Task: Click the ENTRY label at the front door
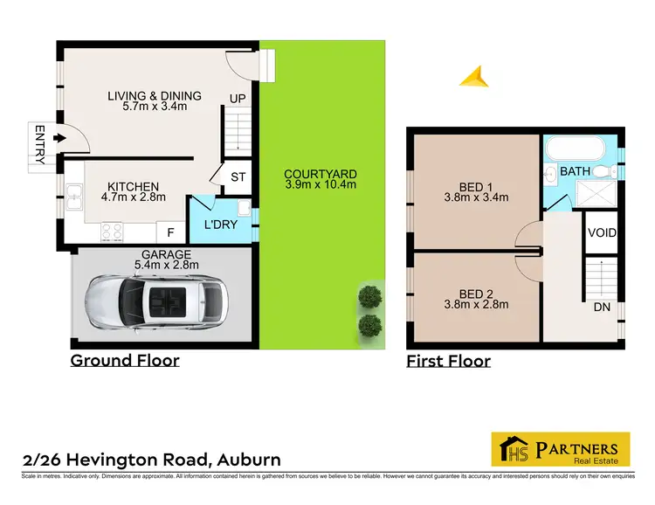point(39,143)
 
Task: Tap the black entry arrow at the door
point(59,138)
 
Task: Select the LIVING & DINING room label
point(154,96)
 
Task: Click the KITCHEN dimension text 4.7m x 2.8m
point(133,198)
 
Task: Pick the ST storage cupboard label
point(238,177)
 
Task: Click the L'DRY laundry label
point(221,225)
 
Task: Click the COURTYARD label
point(320,174)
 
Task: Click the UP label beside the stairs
point(237,98)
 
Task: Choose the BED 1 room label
point(475,185)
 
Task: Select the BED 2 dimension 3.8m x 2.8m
point(476,304)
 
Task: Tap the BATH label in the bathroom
point(575,171)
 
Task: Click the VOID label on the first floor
point(603,233)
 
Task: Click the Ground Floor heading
point(125,360)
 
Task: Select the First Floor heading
point(448,361)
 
